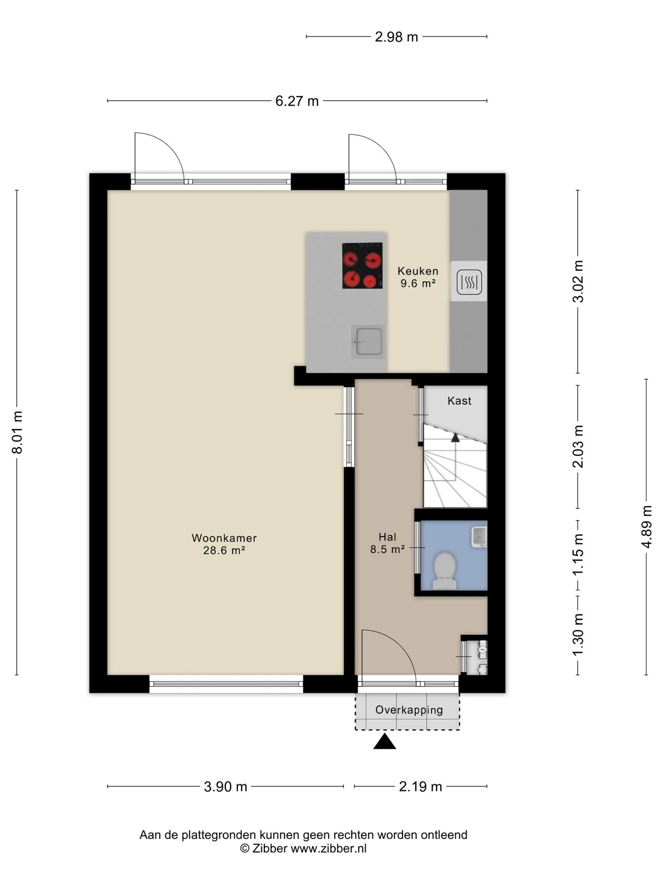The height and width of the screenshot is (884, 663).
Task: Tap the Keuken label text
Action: point(418,271)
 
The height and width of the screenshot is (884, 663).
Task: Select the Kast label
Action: point(459,401)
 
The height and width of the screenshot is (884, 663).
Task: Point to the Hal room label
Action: point(388,537)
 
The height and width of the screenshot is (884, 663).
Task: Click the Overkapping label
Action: point(409,710)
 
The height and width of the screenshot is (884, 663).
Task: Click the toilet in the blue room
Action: point(445,571)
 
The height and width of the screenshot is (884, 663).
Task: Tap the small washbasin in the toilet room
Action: point(479,537)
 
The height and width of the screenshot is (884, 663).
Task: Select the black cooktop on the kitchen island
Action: point(362,266)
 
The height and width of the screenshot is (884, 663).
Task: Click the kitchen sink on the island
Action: point(368,341)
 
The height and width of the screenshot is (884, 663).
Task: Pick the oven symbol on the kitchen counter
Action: point(469,281)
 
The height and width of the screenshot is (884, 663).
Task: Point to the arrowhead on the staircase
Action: point(455,437)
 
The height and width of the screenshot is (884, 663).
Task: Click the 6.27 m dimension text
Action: point(297,101)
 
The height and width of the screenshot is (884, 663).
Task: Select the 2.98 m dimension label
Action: point(396,37)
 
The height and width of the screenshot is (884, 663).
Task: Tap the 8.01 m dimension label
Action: point(17,432)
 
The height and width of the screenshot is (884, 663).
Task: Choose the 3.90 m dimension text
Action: point(226,787)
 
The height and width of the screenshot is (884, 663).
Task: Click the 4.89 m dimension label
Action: point(647,527)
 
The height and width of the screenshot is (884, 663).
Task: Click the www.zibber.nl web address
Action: point(329,849)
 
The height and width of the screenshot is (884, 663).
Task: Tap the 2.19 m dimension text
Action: point(420,787)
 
